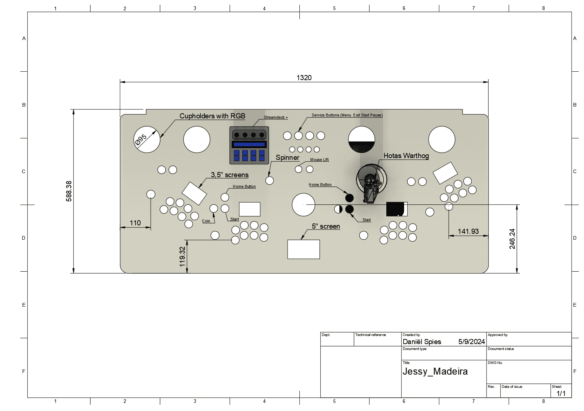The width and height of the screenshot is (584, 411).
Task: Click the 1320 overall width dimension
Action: [x=304, y=78]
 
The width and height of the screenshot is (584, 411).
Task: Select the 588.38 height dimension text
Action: [x=69, y=191]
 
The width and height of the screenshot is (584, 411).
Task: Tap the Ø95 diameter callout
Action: [x=141, y=140]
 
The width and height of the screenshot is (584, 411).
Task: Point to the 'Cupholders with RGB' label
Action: [x=212, y=116]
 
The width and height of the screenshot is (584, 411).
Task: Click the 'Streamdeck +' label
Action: [x=276, y=117]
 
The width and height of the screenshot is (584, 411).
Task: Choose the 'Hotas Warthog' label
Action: [x=406, y=156]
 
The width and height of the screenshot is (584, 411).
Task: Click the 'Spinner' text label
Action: [x=288, y=157]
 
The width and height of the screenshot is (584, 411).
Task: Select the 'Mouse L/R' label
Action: [x=319, y=160]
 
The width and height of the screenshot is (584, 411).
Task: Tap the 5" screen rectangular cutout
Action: [x=303, y=249]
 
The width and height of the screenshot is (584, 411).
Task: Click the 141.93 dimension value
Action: [x=468, y=231]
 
